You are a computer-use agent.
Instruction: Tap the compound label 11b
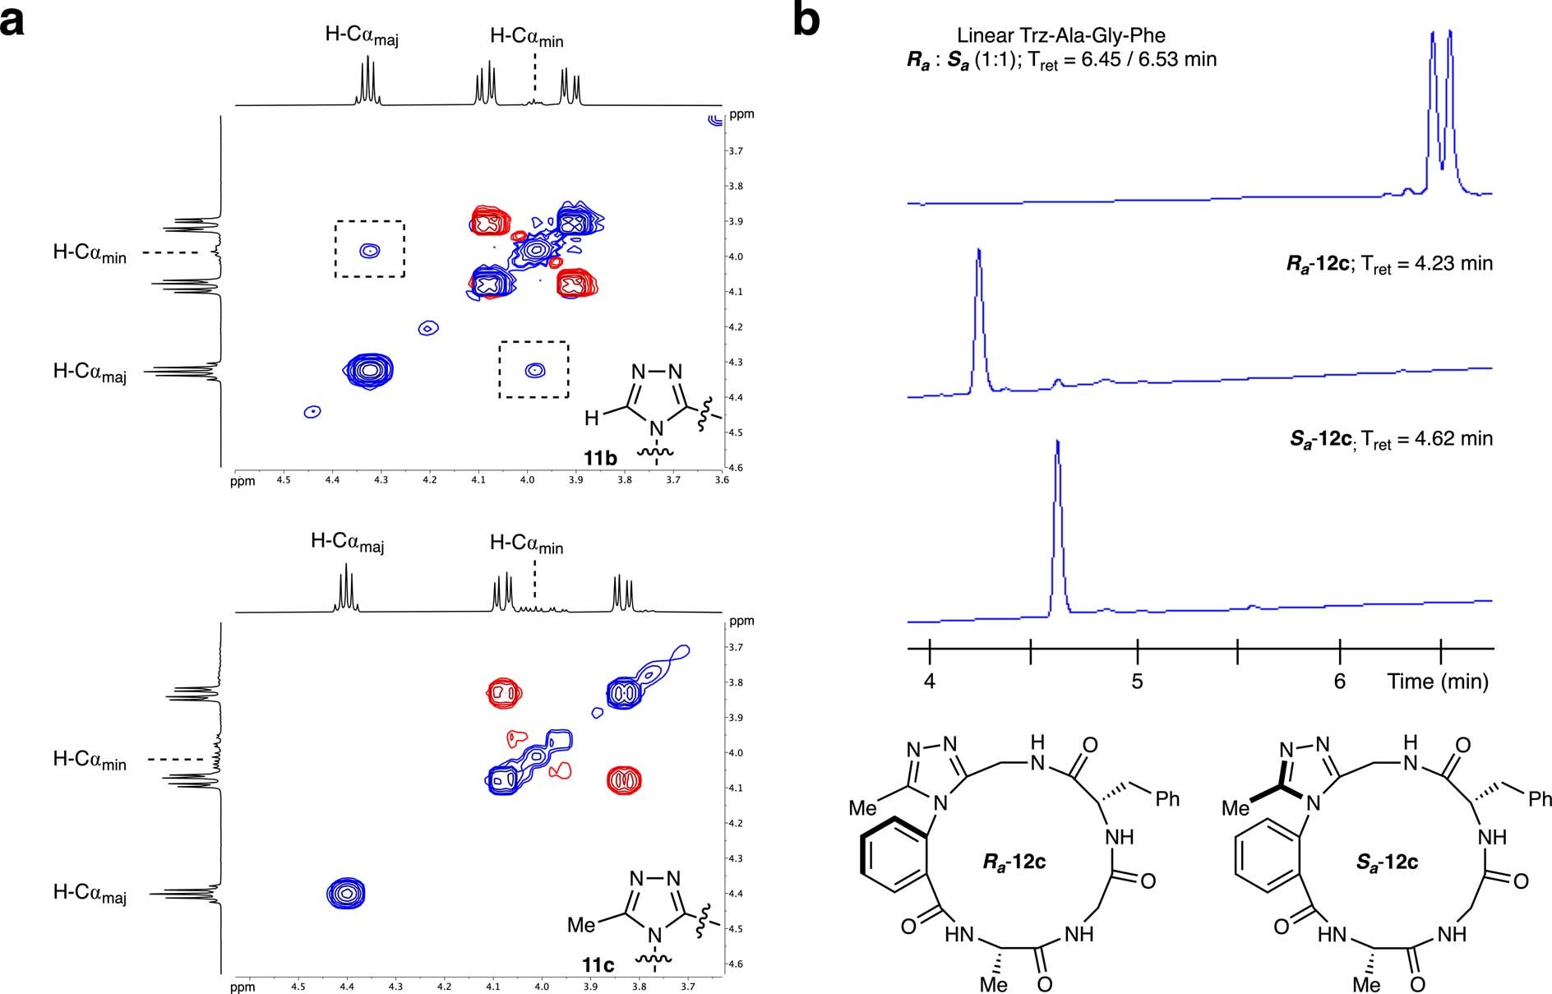click(600, 458)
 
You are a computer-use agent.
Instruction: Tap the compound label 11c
click(598, 964)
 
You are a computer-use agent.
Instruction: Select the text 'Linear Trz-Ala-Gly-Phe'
click(1061, 35)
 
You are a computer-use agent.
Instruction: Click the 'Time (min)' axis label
click(1438, 682)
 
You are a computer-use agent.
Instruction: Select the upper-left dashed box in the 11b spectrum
click(369, 248)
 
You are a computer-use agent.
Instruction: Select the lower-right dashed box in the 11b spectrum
click(533, 370)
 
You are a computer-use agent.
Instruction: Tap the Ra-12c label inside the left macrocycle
click(1014, 862)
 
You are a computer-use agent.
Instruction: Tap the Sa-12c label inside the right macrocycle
click(1387, 862)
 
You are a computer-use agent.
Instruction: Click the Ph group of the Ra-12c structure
click(1167, 798)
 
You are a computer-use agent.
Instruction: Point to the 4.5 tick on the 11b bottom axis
click(284, 479)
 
